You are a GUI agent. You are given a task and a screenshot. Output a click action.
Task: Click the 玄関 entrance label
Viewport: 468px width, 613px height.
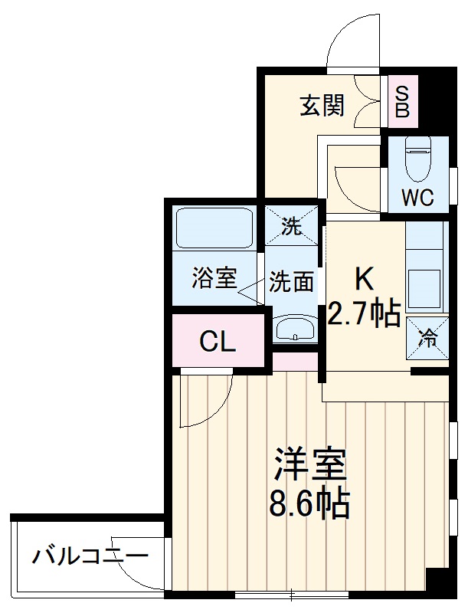click(321, 106)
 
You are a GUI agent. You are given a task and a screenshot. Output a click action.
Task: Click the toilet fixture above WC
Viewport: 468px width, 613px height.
click(418, 159)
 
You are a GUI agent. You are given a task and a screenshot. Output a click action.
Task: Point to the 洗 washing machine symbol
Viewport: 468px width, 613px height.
click(292, 226)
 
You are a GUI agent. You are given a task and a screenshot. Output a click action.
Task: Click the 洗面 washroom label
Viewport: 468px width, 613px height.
click(292, 281)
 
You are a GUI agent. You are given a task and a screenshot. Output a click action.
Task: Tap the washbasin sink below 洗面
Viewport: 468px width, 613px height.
click(294, 329)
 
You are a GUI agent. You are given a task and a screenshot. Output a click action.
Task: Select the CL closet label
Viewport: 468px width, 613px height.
click(218, 342)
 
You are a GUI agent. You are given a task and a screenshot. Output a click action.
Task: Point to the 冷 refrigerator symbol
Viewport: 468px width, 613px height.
click(427, 335)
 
